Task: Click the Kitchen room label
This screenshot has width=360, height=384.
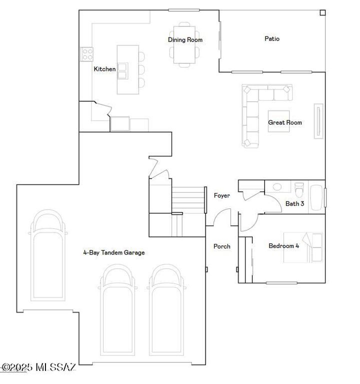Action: coord(104,69)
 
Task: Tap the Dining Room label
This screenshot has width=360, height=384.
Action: coord(185,40)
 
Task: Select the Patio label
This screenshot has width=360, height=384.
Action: coord(272,38)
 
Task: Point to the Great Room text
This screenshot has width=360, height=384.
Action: coord(285,122)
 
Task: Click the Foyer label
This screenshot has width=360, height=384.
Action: coord(222,195)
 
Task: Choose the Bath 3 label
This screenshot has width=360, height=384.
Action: coord(294,203)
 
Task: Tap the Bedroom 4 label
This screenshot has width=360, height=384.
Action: coord(283,245)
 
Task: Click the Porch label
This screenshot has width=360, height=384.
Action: coord(222,246)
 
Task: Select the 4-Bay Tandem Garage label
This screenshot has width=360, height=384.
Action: coord(114,252)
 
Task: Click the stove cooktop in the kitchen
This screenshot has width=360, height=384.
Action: coord(87,53)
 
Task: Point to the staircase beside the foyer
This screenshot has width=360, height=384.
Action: coord(188,198)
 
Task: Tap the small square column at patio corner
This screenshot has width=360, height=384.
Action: coord(322,12)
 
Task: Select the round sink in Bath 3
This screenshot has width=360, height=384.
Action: coord(277,187)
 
